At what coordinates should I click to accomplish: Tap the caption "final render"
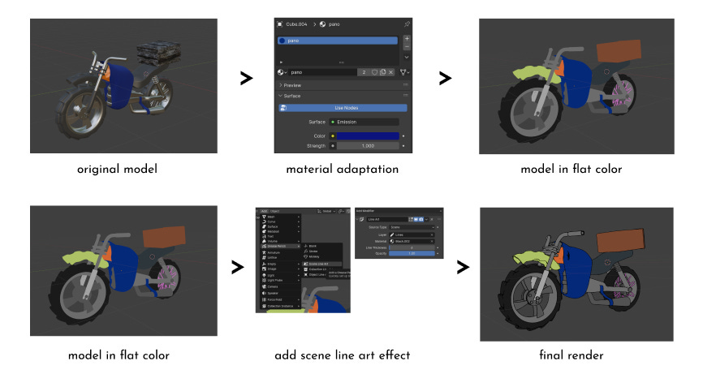coord(570,355)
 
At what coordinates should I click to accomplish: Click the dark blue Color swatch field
coord(367,135)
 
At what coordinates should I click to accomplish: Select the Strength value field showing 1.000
coord(367,145)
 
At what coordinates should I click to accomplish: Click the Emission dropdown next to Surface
coord(364,122)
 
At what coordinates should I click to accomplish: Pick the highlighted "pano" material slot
coord(336,41)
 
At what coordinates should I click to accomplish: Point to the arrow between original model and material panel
coord(245,79)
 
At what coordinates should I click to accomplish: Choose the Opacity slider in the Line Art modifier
coord(411,254)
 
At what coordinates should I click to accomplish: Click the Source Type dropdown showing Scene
coord(411,227)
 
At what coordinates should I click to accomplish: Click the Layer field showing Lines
coord(411,234)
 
